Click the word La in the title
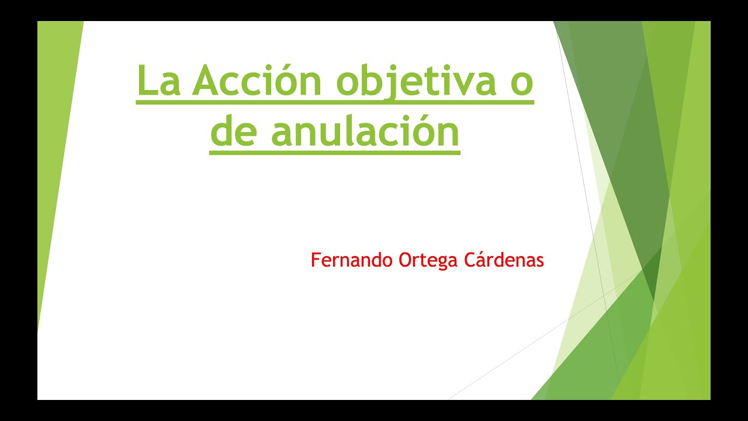(x=159, y=82)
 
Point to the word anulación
(x=365, y=132)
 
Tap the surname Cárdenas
(x=504, y=260)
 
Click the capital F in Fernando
(x=315, y=260)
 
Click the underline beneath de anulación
(x=335, y=153)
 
